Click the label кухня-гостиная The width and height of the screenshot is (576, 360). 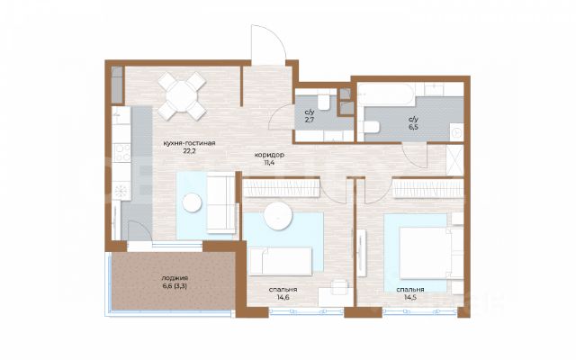click(x=189, y=143)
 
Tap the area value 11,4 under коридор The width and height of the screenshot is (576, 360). click(x=269, y=162)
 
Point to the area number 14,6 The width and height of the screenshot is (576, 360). click(x=283, y=297)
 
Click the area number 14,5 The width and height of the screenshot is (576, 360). click(x=410, y=297)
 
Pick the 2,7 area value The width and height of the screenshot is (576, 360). click(x=310, y=120)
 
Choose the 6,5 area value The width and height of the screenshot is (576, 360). click(x=413, y=127)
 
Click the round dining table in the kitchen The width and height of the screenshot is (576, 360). click(x=182, y=96)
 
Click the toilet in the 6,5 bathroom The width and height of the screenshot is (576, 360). click(x=372, y=127)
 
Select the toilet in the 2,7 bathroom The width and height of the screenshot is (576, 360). click(x=324, y=103)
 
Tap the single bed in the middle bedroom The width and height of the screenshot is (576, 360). click(x=280, y=261)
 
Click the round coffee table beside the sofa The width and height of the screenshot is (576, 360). click(x=192, y=202)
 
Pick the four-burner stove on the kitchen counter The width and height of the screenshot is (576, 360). click(x=122, y=152)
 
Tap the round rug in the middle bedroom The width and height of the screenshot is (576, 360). click(x=278, y=216)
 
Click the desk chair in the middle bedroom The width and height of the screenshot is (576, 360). click(x=339, y=287)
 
